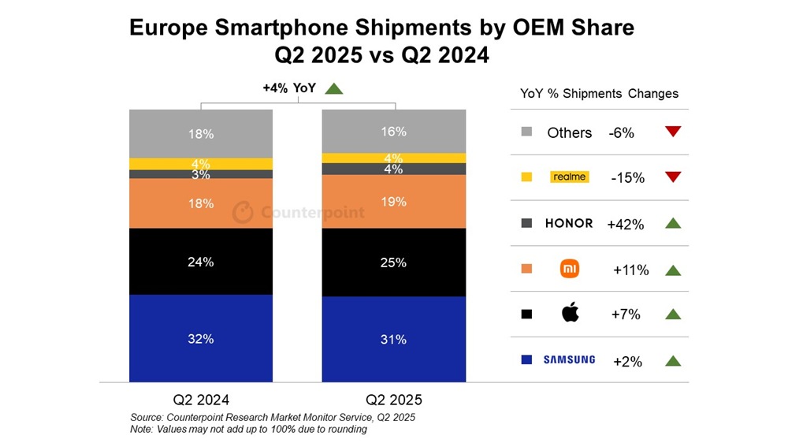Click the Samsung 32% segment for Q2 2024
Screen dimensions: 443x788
(201, 338)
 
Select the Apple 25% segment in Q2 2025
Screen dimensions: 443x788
(393, 262)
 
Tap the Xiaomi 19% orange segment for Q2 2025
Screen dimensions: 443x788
(393, 202)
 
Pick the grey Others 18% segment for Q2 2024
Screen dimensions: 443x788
(201, 134)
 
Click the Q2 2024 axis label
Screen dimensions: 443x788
(201, 399)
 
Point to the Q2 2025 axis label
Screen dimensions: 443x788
(393, 399)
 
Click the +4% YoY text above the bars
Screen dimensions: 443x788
(289, 88)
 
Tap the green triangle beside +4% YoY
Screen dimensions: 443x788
(333, 88)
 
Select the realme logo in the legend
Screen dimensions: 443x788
(569, 177)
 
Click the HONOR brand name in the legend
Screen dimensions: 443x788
(569, 223)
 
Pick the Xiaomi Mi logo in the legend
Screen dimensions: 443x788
(569, 270)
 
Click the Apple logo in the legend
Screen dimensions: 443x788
(569, 314)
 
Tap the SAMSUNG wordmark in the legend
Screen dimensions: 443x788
(569, 360)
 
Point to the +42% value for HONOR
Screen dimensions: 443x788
(626, 225)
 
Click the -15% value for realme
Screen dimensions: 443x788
(627, 178)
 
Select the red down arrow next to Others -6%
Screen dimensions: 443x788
(672, 132)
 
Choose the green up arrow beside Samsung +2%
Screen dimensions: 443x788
(672, 361)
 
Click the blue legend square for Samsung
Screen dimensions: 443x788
(526, 360)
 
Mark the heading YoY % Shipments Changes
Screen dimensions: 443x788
(599, 93)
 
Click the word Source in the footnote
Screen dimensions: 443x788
(147, 417)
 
